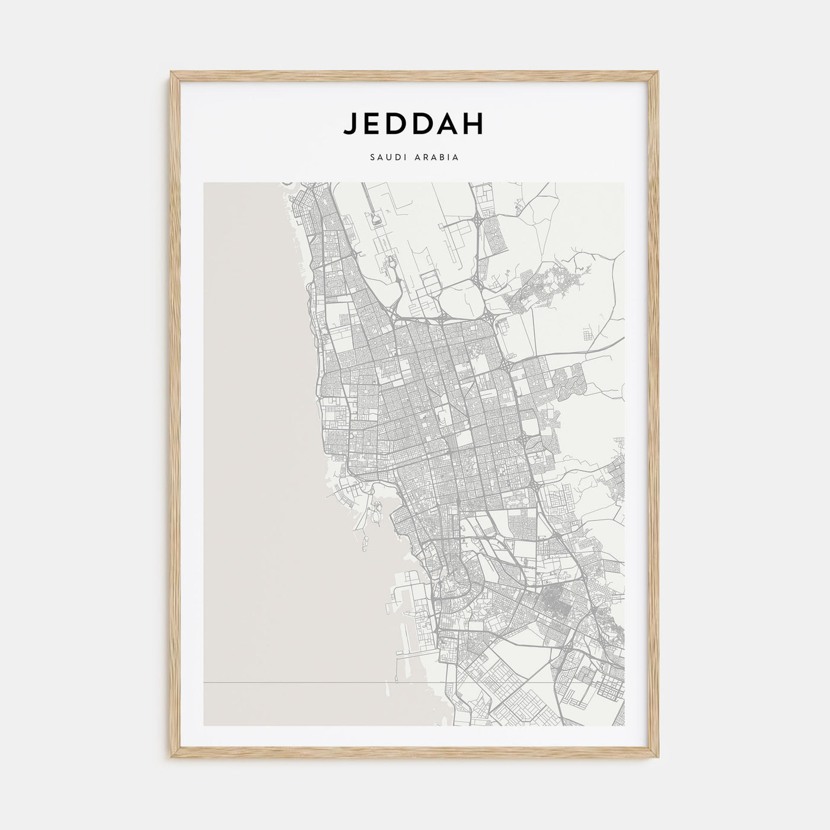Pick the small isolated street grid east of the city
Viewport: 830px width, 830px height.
(x=588, y=336)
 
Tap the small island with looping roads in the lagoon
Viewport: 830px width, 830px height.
(x=377, y=510)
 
